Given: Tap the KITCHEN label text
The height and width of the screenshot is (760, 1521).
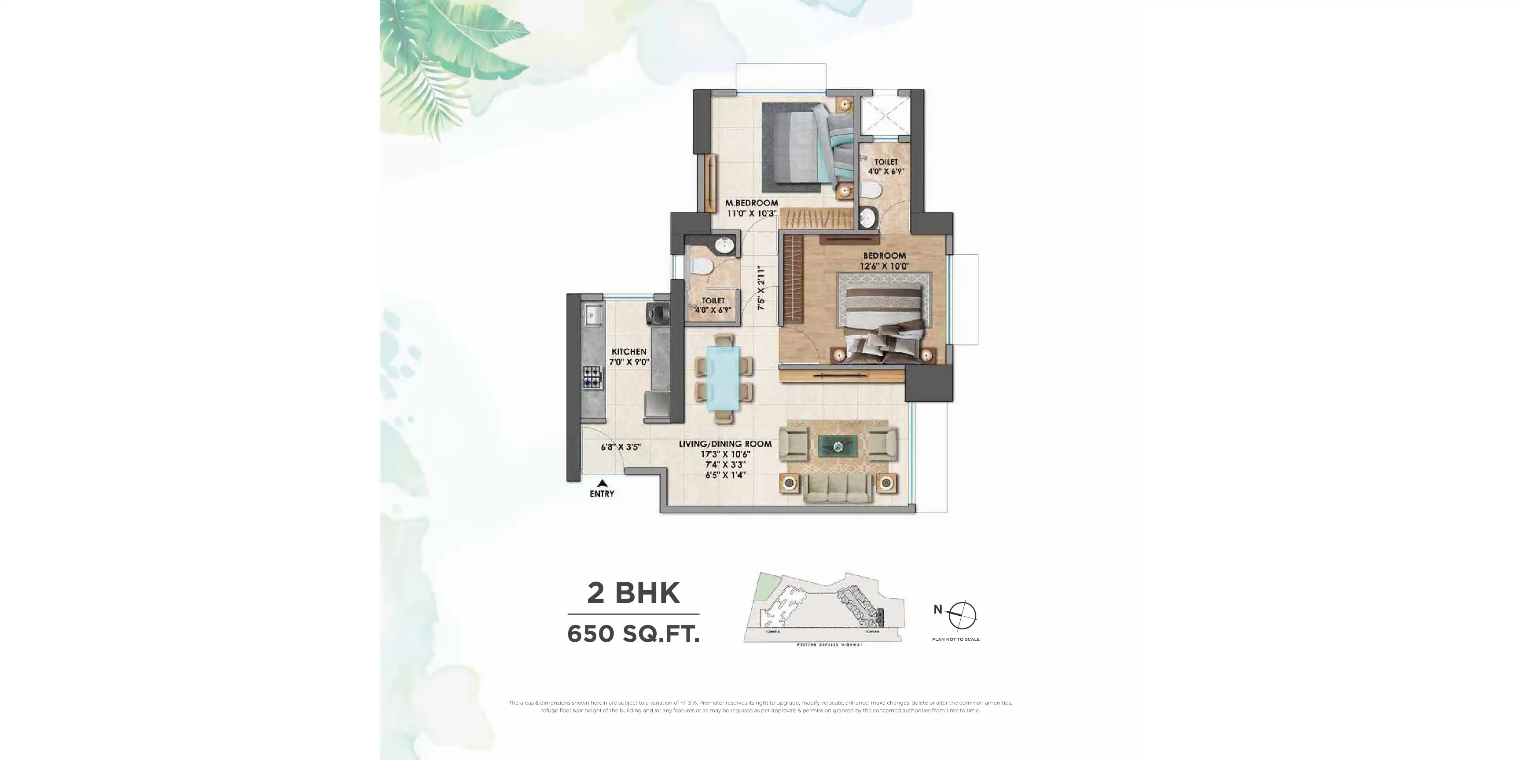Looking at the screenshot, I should [629, 352].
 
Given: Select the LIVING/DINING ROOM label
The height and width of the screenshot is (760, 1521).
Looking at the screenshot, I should [725, 444].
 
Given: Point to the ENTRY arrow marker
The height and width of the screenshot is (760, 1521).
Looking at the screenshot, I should [602, 483].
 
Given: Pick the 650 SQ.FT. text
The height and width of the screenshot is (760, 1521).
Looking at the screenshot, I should [634, 634].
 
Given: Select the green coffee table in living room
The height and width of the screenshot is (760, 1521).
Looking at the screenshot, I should [838, 446].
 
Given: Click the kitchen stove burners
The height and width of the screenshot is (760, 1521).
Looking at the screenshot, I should [769, 377].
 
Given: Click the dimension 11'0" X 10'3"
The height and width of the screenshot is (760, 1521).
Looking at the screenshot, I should [751, 213].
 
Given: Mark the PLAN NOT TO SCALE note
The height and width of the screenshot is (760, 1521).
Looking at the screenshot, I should [955, 639].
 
